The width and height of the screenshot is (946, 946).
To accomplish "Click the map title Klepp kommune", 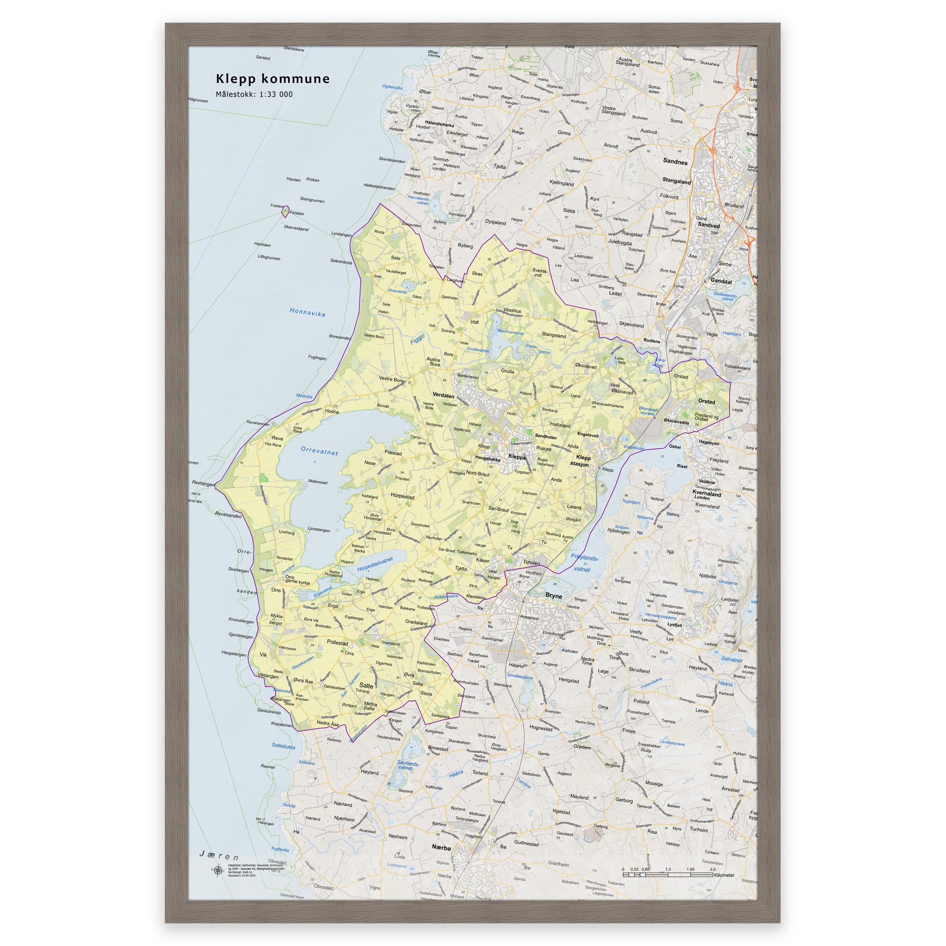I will point(273,79).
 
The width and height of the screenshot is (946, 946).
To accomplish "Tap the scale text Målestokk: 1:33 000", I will point(254,95).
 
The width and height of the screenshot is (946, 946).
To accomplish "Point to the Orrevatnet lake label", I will point(319,450).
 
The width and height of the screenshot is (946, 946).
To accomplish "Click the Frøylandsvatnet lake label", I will point(584,563).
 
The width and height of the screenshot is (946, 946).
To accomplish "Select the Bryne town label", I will point(553,596).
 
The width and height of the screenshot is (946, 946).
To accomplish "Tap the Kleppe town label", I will point(517,456).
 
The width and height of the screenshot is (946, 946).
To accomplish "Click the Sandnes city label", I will point(675,162).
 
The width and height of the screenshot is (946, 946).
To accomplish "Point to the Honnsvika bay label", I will point(307,312).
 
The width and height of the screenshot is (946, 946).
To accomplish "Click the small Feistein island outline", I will point(285,212).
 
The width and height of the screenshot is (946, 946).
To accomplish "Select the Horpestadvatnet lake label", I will point(375,564).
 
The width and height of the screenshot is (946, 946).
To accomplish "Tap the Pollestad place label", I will point(337,643).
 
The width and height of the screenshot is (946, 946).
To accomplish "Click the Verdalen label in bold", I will point(443,395).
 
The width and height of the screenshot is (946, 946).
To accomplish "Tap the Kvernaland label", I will point(707,494).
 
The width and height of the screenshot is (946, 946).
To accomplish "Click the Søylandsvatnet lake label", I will point(407,765).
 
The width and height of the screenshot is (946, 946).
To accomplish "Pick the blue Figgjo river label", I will point(417,338).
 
